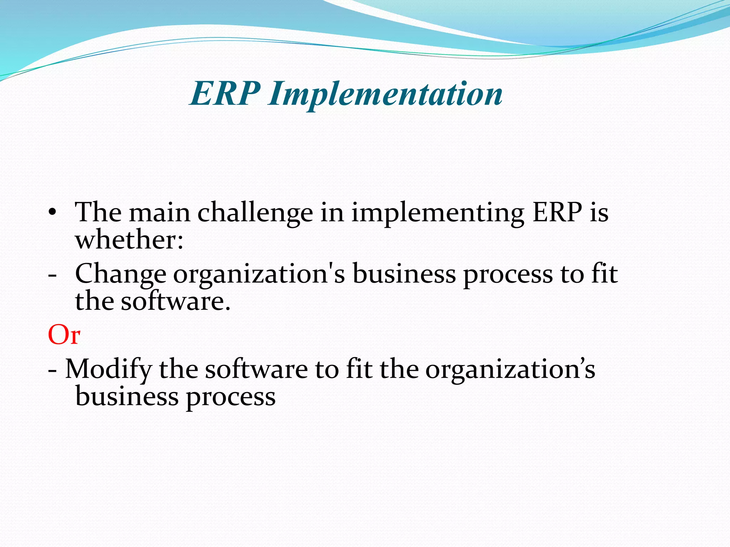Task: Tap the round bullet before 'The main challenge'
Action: [53, 213]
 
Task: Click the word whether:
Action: [129, 240]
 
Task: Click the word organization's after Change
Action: [259, 275]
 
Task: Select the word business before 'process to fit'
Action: [404, 274]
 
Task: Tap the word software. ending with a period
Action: [176, 302]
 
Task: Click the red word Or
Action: [64, 335]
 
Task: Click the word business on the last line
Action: [127, 396]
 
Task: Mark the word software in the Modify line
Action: [256, 369]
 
